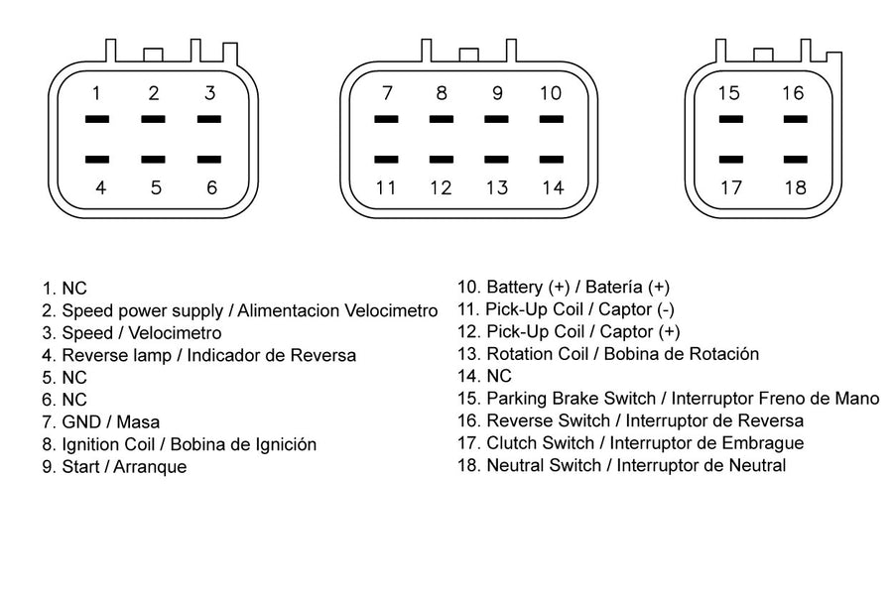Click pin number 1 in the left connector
97,93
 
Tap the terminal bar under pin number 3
209,119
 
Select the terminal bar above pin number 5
153,160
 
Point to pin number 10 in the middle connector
551,93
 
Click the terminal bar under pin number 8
442,119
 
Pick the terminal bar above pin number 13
497,160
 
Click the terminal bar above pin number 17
731,160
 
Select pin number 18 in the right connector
796,187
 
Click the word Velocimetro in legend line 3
175,333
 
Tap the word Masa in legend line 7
138,421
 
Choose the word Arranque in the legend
151,467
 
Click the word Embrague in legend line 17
763,443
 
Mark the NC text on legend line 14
499,377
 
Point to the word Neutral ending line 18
757,465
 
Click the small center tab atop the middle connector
468,56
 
